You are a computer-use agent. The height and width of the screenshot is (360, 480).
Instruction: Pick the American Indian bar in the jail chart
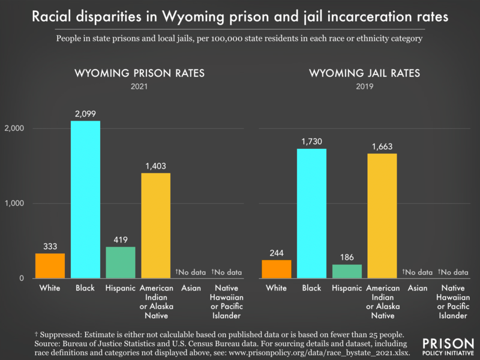coord(382,215)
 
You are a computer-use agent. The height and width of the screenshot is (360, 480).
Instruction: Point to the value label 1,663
coord(382,146)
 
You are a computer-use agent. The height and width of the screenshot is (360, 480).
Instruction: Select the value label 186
coord(347,257)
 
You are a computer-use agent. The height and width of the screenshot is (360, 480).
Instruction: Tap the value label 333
coord(50,246)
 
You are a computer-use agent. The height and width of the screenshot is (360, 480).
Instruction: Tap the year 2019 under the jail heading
coord(364,86)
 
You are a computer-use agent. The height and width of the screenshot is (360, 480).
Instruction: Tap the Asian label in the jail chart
coord(418,289)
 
